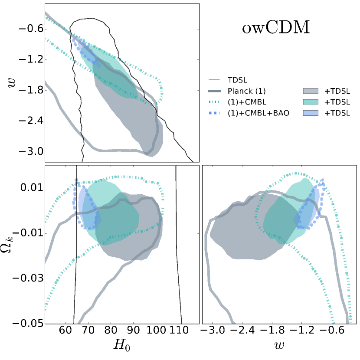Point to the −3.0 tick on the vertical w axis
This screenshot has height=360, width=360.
pos(29,152)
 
